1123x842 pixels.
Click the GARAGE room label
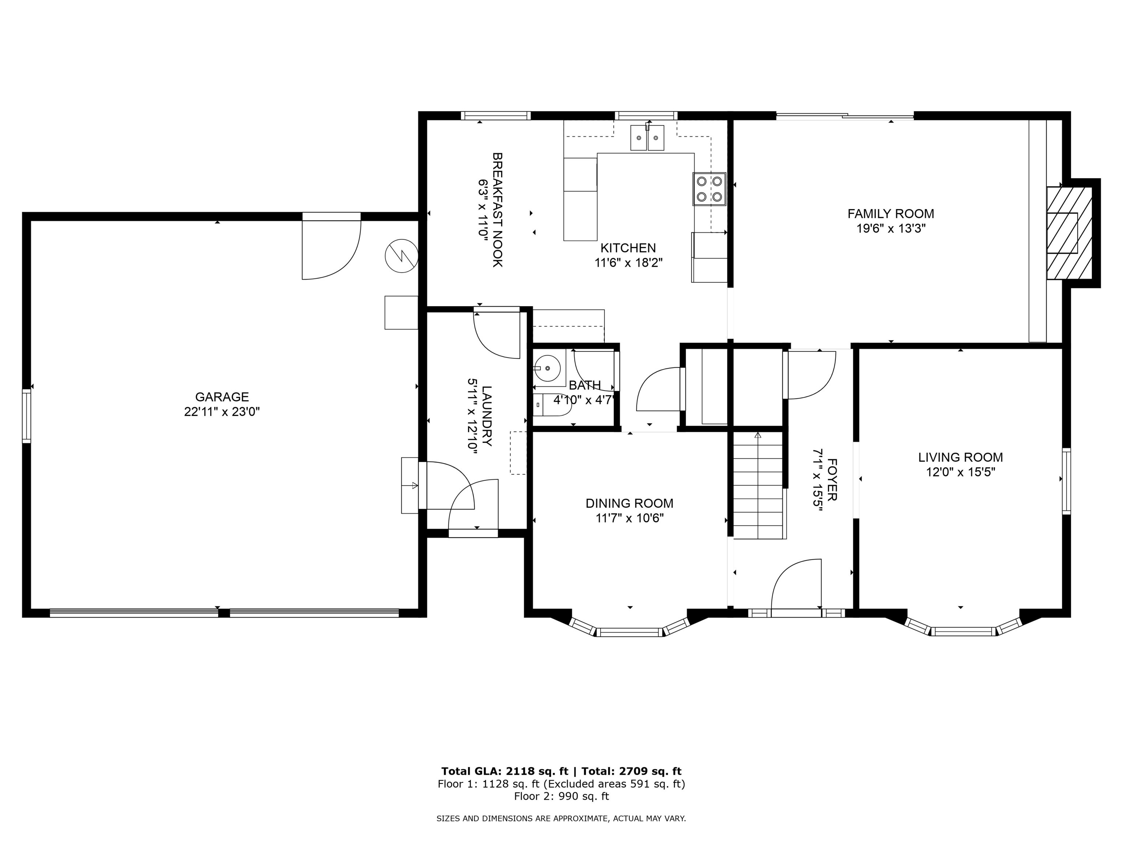coord(222,397)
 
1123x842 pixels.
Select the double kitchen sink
coord(647,138)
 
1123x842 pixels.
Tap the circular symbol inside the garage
coord(401,255)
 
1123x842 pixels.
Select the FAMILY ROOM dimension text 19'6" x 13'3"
coord(891,228)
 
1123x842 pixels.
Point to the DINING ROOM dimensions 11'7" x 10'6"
coord(629,518)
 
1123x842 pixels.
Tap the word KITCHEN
coord(628,248)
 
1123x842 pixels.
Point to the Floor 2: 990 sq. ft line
coord(561,796)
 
